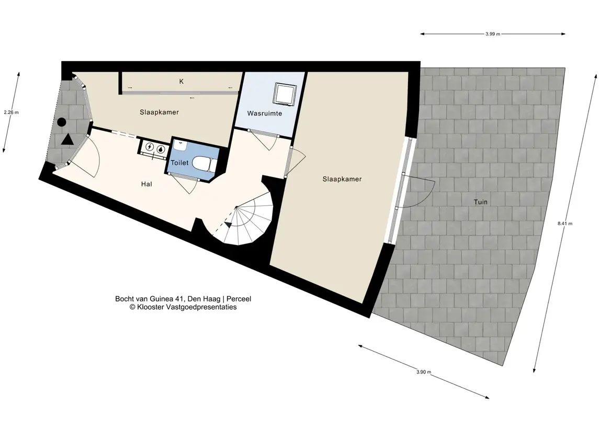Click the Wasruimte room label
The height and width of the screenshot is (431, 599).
click(264, 113)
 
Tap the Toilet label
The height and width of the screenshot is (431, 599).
click(179, 163)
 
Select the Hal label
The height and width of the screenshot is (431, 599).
click(146, 184)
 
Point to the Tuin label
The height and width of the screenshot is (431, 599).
click(481, 202)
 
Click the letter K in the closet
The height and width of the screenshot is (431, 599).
click(182, 81)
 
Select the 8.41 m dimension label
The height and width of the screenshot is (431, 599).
click(565, 224)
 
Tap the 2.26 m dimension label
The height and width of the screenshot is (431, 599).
click(11, 112)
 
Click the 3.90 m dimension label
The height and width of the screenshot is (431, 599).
click(424, 372)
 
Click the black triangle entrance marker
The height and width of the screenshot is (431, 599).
click(67, 139)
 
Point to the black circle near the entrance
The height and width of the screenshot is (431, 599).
click(62, 122)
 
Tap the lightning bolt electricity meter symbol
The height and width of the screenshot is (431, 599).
click(150, 147)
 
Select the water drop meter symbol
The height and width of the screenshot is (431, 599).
click(161, 149)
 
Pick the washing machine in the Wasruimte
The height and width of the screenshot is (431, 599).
click(285, 94)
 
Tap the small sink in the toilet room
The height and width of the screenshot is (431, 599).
click(179, 145)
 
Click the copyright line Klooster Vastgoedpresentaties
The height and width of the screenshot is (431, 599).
click(183, 307)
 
